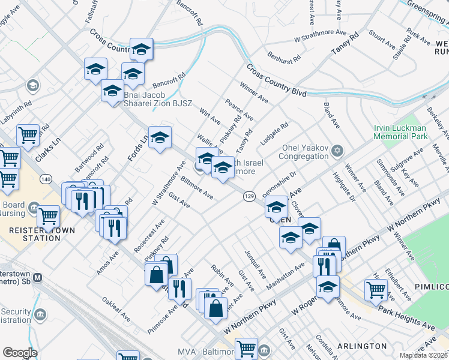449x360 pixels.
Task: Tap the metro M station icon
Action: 38,278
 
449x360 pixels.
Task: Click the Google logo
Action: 20,352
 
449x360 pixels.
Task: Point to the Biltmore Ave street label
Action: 196,187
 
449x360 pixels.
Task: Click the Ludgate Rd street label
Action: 276,134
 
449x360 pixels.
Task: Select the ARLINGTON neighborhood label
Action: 363,346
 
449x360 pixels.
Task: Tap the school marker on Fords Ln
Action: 160,137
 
